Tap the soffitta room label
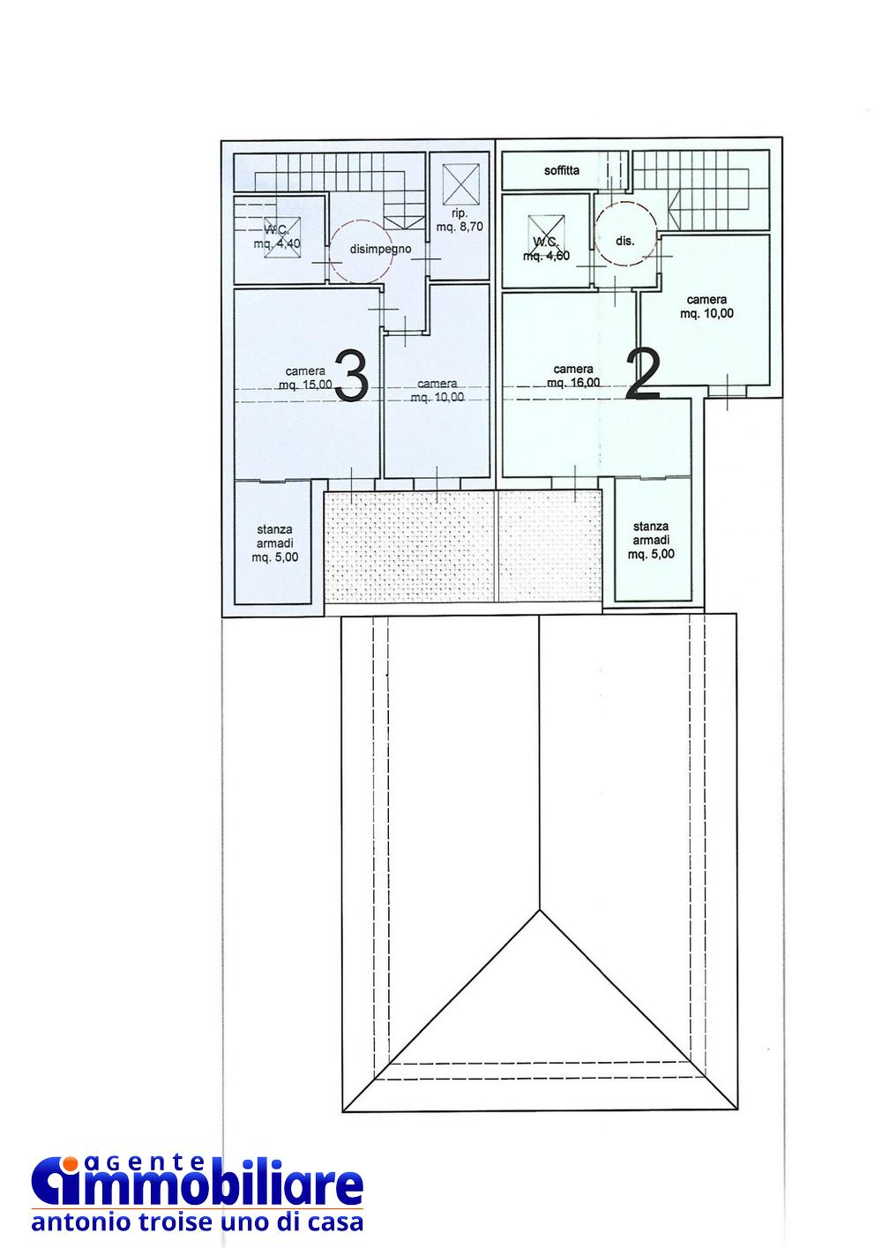click(x=562, y=170)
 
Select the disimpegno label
click(x=380, y=250)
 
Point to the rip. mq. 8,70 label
click(x=460, y=220)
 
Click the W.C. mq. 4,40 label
click(x=277, y=236)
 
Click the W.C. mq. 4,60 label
click(x=546, y=249)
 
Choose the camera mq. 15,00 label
click(x=305, y=377)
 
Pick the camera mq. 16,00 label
click(x=573, y=376)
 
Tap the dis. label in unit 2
click(x=625, y=242)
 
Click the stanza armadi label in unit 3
click(x=274, y=543)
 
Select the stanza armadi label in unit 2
click(x=651, y=540)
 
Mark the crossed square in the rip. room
click(x=460, y=184)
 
